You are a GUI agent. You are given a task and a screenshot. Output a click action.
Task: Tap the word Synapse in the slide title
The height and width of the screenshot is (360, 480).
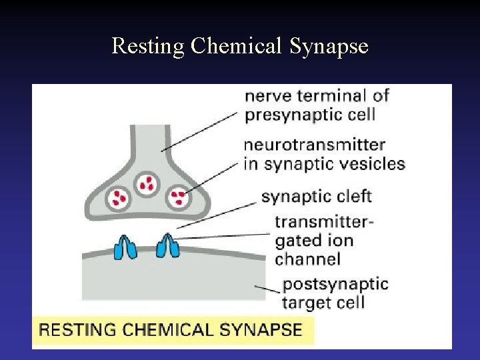(329, 46)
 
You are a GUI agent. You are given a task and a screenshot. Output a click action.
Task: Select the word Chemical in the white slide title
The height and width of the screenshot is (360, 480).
(236, 46)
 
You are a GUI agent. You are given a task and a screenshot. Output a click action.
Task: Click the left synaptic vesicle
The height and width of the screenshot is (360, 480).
(120, 197)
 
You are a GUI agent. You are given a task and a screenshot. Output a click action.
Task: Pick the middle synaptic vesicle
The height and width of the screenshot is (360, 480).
(147, 183)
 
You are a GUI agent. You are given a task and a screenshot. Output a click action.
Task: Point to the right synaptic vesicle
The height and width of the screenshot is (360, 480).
(178, 197)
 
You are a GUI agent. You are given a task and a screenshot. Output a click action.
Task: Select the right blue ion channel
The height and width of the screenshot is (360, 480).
(167, 245)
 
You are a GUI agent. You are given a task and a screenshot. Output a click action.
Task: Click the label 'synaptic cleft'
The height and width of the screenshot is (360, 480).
(316, 197)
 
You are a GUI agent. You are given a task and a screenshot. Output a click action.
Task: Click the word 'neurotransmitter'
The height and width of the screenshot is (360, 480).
(315, 145)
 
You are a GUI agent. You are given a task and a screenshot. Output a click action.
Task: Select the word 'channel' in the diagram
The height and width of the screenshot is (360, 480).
(307, 259)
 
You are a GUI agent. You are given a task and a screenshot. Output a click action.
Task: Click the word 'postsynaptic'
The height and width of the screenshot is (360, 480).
(335, 284)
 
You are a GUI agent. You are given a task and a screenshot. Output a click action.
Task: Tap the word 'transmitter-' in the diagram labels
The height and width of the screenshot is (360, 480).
(323, 221)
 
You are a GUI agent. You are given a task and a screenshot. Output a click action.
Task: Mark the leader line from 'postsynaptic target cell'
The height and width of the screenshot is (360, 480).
(267, 288)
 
